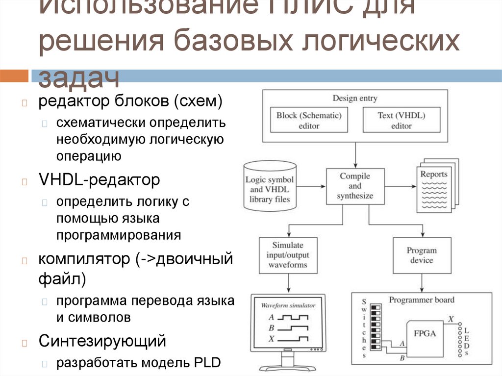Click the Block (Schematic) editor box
point(309,120)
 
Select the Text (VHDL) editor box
point(401,120)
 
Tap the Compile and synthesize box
point(355,186)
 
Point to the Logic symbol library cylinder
point(270,186)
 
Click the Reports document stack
point(436,186)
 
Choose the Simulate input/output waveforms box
point(288,255)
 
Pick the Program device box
point(421,255)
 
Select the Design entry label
point(355,98)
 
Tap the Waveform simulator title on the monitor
point(288,305)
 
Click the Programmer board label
point(422,300)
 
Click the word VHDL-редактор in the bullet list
point(100,180)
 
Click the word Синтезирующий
point(102,340)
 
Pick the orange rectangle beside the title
point(13,76)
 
